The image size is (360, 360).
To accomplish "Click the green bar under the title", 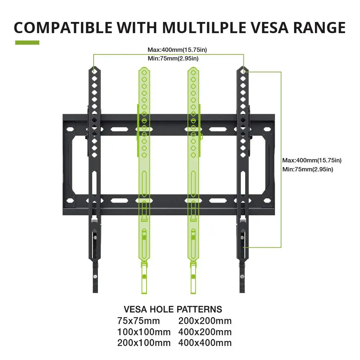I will tap(27, 42).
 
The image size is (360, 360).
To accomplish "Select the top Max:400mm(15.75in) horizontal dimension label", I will tap(177, 50).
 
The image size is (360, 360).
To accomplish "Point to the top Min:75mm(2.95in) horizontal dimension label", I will tap(173, 58).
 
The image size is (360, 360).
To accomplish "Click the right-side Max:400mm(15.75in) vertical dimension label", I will tap(312, 160).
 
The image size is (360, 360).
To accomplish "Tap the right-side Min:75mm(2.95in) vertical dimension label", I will tap(308, 169).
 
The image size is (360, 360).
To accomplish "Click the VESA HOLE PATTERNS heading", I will tap(173, 309).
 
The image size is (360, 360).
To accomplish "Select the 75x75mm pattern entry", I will tap(138, 321).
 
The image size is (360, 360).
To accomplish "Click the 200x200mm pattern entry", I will tap(205, 321).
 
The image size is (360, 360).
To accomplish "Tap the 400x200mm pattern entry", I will tap(205, 332).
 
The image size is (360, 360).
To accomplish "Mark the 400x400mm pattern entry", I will tap(205, 343).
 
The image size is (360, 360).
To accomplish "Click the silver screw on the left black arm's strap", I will tap(95, 276).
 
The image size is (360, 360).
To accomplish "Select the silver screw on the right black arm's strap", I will tap(242, 276).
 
